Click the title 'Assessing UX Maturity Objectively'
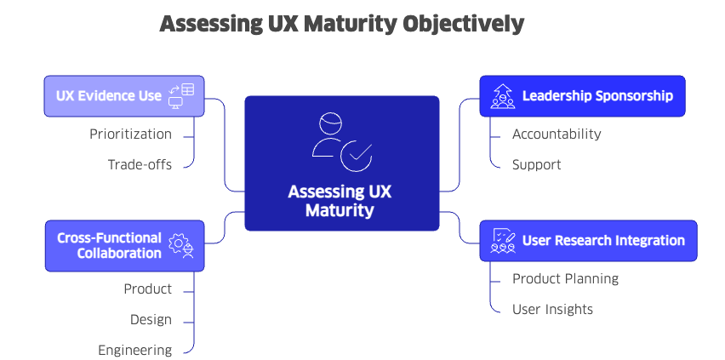click(x=341, y=24)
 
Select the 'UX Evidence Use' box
click(x=124, y=96)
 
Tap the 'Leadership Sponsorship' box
click(x=582, y=96)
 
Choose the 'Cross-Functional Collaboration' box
click(x=124, y=246)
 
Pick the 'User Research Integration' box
click(x=588, y=241)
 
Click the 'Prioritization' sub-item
click(x=130, y=134)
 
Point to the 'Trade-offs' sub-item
click(x=140, y=164)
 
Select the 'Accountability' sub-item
click(x=557, y=134)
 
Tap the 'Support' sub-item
click(x=536, y=164)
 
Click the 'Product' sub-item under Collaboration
click(x=147, y=289)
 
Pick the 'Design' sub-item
click(x=151, y=319)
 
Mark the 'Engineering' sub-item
click(x=134, y=350)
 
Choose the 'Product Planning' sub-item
click(x=565, y=278)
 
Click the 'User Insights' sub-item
click(x=552, y=309)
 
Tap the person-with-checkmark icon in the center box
click(x=340, y=142)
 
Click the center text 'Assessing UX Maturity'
click(x=340, y=200)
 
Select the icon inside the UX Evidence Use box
click(x=181, y=96)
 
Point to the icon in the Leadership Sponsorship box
click(x=503, y=96)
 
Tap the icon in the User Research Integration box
click(x=503, y=241)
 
